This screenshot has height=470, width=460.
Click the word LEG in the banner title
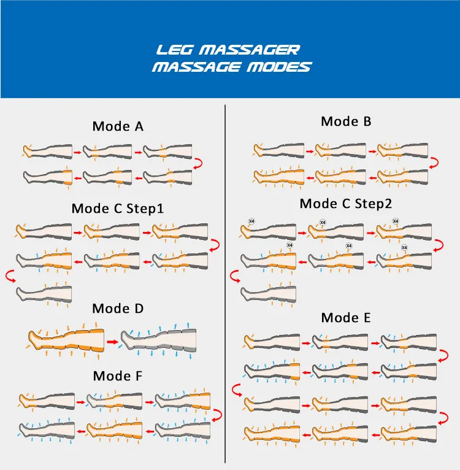[x=174, y=50]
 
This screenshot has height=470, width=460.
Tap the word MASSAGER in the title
[x=250, y=50]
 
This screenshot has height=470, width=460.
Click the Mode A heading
[x=118, y=126]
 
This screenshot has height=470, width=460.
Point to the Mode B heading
[x=346, y=121]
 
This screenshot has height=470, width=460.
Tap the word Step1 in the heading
[x=145, y=209]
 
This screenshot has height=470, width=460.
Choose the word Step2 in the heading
[x=374, y=204]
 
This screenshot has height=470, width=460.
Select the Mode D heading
[x=118, y=309]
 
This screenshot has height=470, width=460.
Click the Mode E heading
[x=346, y=318]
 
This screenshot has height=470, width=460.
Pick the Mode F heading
[x=118, y=376]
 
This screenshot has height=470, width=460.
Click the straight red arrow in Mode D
[x=113, y=342]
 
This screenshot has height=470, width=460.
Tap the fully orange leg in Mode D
[x=66, y=341]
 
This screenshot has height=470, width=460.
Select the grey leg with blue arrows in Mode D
[x=158, y=341]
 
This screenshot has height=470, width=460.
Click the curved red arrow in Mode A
[x=199, y=164]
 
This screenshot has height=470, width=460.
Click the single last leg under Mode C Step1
[x=44, y=293]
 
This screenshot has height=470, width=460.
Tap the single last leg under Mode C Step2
[x=268, y=294]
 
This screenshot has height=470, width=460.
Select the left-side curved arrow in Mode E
[x=237, y=390]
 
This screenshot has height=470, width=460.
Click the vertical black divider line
[x=225, y=284]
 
